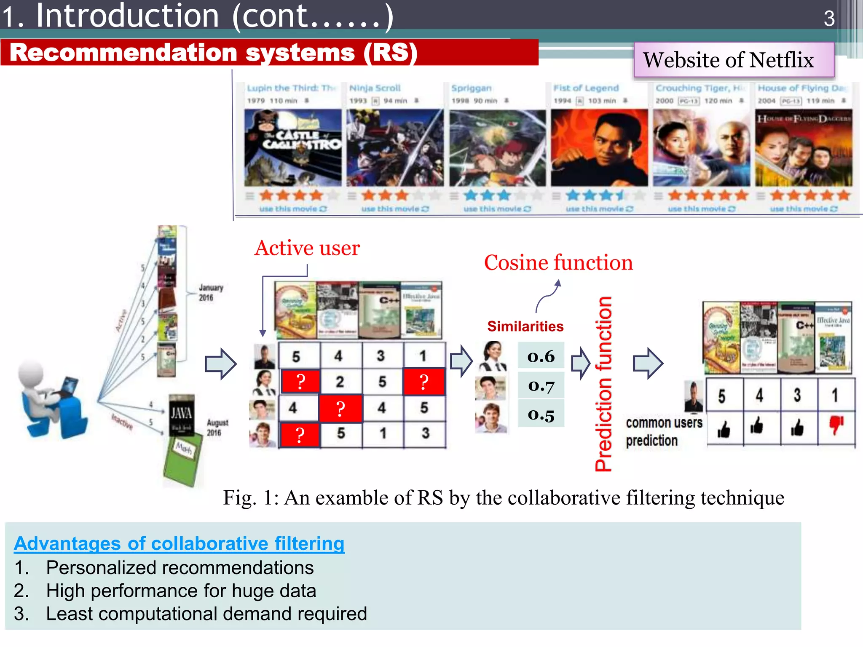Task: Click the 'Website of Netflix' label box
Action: (734, 60)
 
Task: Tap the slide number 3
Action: (829, 19)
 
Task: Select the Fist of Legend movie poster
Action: (599, 147)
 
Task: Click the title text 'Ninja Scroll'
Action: (375, 88)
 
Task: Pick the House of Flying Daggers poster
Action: (804, 147)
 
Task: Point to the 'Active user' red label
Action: (307, 248)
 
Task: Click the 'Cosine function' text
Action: (558, 263)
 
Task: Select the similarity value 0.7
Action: (541, 385)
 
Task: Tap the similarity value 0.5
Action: (541, 414)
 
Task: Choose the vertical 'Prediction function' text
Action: (603, 383)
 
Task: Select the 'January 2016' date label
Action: (211, 292)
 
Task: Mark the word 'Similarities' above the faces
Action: (525, 326)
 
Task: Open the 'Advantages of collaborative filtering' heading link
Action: (179, 543)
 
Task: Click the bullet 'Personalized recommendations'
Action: (180, 568)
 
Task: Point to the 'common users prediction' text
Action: (664, 431)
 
